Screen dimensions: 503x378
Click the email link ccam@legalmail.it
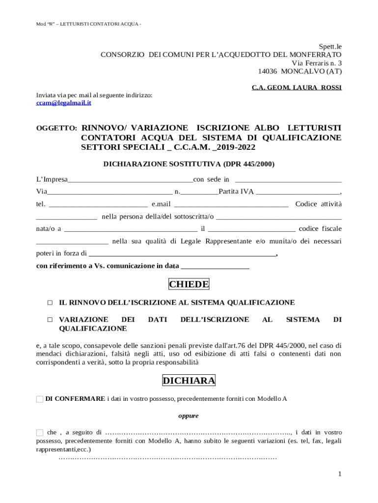coord(63,103)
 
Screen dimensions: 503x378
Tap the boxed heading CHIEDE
coord(189,284)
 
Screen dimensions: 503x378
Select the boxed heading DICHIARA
coord(189,381)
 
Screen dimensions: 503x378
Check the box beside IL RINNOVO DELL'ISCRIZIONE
coord(50,303)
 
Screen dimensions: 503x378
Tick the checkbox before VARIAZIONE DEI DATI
coord(50,320)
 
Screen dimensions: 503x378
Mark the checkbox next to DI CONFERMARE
coord(40,399)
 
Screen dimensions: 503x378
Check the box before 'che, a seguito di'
coord(40,433)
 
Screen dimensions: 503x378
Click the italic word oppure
coord(189,416)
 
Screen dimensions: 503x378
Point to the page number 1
coord(339,474)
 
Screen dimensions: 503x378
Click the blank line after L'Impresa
coord(130,180)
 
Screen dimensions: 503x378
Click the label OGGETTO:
coord(57,128)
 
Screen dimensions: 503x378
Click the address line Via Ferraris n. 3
coord(317,63)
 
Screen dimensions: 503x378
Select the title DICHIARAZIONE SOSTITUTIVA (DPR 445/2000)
coord(189,164)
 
